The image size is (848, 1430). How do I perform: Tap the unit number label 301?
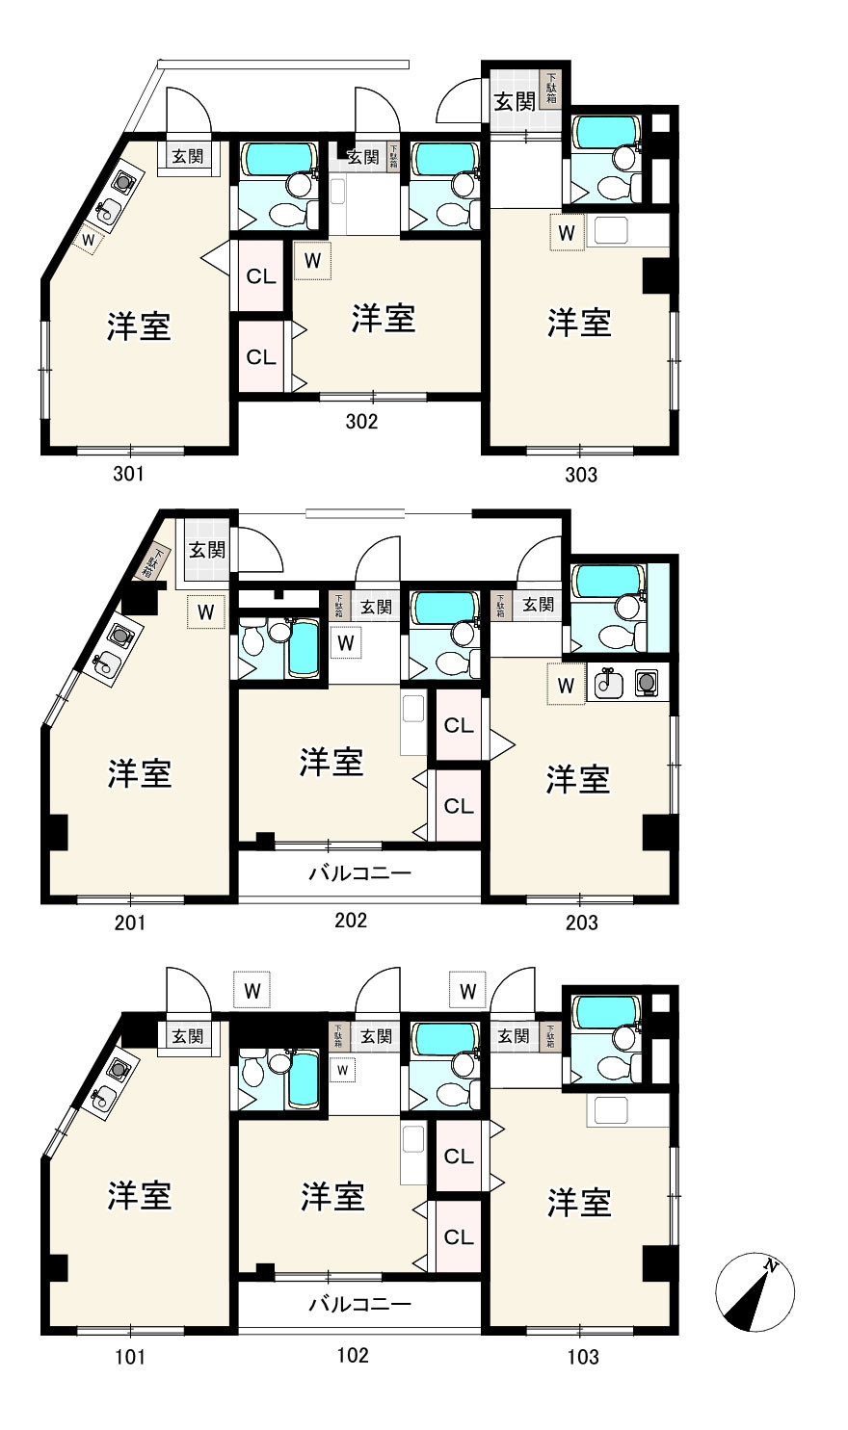[x=128, y=474]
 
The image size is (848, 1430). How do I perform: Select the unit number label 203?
[x=581, y=923]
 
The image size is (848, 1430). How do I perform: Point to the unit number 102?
[x=352, y=1355]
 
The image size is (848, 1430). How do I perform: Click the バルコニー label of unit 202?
[x=359, y=874]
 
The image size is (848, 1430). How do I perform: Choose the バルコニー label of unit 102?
[x=359, y=1305]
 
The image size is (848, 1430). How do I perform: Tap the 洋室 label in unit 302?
[x=383, y=318]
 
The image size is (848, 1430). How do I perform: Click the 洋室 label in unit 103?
[x=579, y=1203]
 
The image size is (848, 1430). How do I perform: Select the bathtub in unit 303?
[x=604, y=132]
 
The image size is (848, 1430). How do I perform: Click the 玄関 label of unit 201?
[x=206, y=550]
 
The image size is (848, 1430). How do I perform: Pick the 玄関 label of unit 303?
[x=515, y=100]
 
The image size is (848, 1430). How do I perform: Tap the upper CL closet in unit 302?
[x=261, y=277]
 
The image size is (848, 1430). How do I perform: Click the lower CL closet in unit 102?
[x=459, y=1236]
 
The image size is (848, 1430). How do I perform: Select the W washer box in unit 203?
[x=567, y=685]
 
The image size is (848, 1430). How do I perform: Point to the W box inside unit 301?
[x=88, y=238]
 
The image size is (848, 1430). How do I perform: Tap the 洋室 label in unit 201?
[x=140, y=772]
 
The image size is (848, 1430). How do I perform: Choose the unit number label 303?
[x=581, y=474]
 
